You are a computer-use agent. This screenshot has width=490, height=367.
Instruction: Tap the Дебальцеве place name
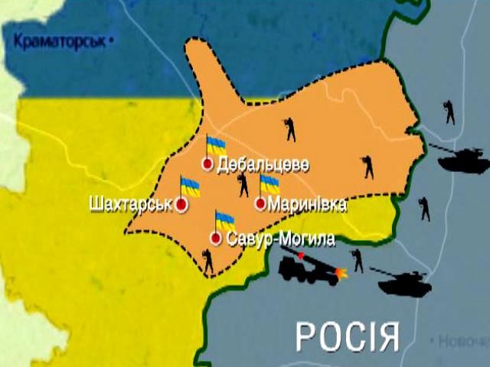pyautogui.click(x=263, y=165)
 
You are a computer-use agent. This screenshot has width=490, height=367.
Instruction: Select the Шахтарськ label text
pyautogui.click(x=130, y=205)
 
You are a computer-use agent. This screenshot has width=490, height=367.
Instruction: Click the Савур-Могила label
pyautogui.click(x=281, y=240)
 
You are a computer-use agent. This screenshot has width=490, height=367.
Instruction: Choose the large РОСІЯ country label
pyautogui.click(x=348, y=334)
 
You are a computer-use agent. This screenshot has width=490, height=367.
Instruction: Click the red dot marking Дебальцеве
pyautogui.click(x=207, y=164)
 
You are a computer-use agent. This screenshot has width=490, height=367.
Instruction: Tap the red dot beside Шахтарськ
pyautogui.click(x=181, y=205)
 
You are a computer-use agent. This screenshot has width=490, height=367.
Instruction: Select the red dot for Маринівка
pyautogui.click(x=261, y=204)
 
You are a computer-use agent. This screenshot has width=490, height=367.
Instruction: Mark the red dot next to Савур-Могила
pyautogui.click(x=216, y=239)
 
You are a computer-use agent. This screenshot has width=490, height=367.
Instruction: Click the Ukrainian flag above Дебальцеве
pyautogui.click(x=216, y=145)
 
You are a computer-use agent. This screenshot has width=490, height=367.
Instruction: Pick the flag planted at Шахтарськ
pyautogui.click(x=189, y=186)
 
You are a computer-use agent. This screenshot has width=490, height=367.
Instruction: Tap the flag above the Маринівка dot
pyautogui.click(x=269, y=184)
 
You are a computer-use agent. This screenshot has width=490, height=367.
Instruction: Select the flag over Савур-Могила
pyautogui.click(x=224, y=220)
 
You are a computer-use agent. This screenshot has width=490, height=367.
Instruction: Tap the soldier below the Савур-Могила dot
pyautogui.click(x=207, y=261)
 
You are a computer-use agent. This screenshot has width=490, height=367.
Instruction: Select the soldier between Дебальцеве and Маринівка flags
pyautogui.click(x=243, y=184)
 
